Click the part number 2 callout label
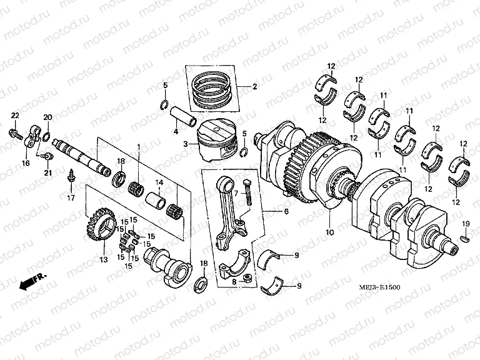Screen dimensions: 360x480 (x=254, y=87)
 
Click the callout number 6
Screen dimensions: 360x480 (x=286, y=212)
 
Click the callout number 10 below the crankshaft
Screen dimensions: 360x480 (x=329, y=232)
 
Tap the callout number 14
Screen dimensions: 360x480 (x=159, y=182)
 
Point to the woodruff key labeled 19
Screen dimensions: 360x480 (x=464, y=238)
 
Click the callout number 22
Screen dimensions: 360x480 (x=15, y=115)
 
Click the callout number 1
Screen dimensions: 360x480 (x=138, y=146)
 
